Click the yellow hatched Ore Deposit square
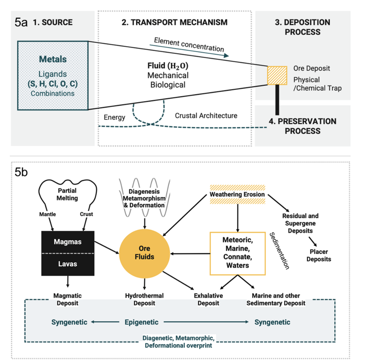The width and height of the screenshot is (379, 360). click(x=277, y=75)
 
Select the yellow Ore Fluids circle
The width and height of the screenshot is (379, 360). click(x=144, y=253)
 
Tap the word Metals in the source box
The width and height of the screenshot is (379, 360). click(x=53, y=59)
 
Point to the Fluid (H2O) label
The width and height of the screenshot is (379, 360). click(x=168, y=66)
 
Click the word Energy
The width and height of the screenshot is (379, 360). click(x=114, y=117)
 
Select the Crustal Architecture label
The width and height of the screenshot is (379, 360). click(x=206, y=116)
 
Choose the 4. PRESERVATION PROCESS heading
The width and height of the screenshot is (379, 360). click(x=302, y=126)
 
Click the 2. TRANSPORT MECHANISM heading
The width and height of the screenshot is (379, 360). click(x=174, y=22)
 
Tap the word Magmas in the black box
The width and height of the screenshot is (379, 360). click(x=68, y=242)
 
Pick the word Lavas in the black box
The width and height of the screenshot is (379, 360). click(x=68, y=264)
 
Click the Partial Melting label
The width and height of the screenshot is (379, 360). click(x=67, y=194)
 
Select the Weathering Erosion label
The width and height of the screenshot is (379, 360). click(x=237, y=194)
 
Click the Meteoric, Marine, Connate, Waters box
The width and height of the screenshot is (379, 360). click(x=238, y=253)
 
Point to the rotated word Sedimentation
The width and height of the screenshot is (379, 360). click(x=279, y=251)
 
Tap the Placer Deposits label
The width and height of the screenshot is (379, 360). click(x=318, y=255)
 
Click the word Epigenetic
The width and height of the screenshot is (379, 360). click(x=141, y=322)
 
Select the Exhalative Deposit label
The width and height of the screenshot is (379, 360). click(x=208, y=299)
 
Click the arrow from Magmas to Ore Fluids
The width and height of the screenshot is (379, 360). click(x=106, y=247)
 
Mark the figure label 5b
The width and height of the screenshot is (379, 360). click(x=21, y=172)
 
